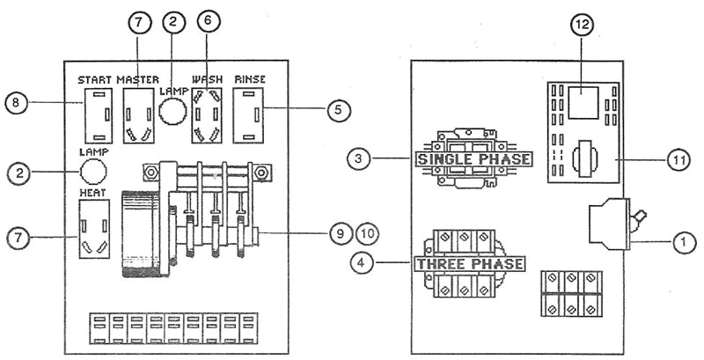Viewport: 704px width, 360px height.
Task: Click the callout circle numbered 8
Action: point(16,103)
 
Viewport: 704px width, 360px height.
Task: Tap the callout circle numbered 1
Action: point(684,239)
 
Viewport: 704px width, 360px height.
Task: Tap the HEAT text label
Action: point(92,191)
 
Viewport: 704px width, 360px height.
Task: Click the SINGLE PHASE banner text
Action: point(473,159)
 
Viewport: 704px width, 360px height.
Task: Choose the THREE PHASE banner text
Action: point(469,264)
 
